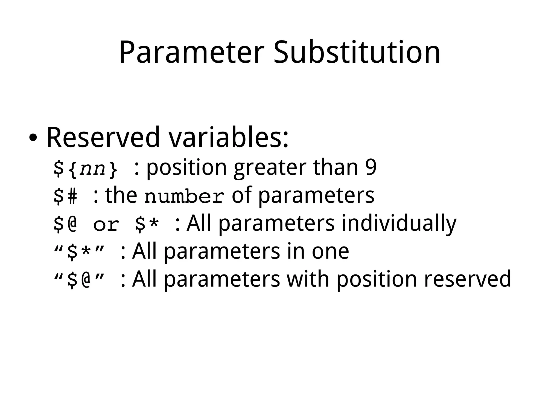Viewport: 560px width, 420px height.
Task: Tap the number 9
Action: [x=371, y=167]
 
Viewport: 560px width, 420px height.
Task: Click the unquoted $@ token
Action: [x=65, y=224]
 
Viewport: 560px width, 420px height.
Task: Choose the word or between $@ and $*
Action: [x=106, y=225]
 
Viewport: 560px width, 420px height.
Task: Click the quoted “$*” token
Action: [x=79, y=252]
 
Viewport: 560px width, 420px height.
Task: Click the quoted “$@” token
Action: [x=79, y=280]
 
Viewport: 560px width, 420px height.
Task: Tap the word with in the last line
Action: [x=307, y=279]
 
